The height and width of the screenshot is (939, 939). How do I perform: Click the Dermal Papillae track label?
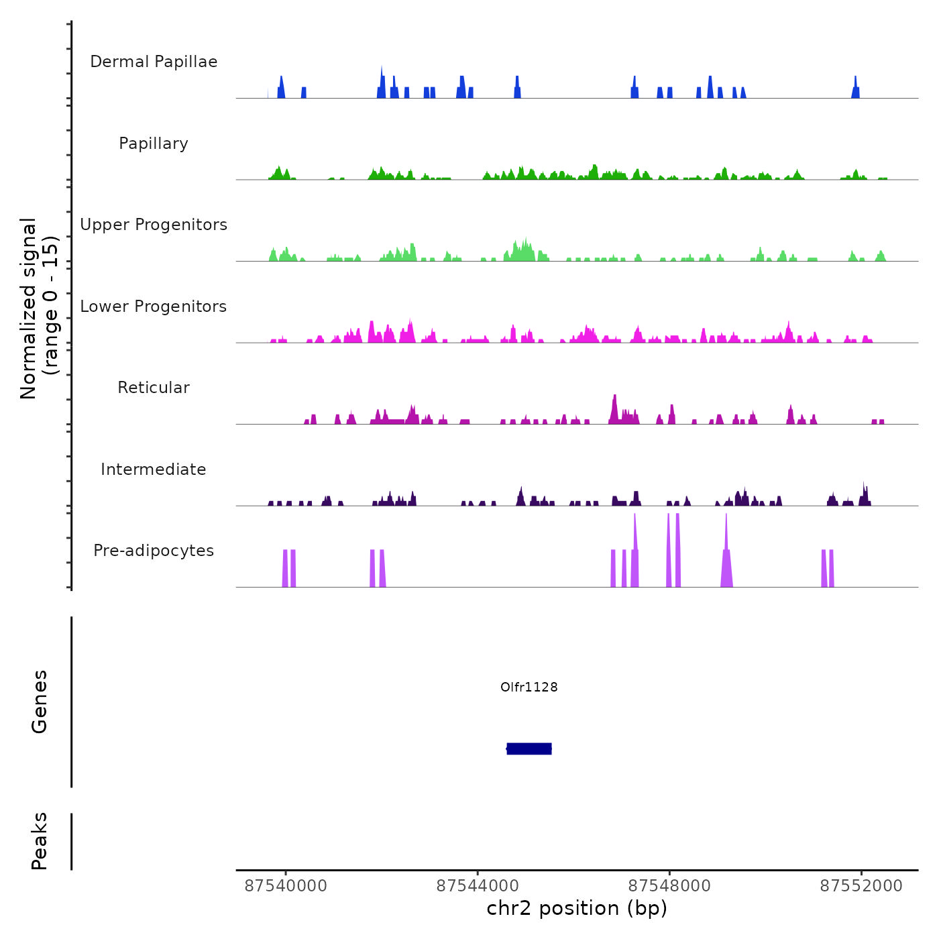(154, 62)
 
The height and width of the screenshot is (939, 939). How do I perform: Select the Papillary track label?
(154, 144)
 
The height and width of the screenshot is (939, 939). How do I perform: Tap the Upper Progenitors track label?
(154, 225)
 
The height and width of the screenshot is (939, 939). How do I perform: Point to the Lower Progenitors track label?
(154, 307)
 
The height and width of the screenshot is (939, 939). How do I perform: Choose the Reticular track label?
(154, 388)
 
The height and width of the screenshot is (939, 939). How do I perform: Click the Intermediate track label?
(154, 469)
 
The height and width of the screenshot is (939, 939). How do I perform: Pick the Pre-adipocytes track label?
(154, 551)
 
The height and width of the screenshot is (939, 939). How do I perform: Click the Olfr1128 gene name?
(529, 687)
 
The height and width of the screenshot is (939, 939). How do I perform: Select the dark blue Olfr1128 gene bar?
(529, 749)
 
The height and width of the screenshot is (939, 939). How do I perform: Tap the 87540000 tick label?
(286, 886)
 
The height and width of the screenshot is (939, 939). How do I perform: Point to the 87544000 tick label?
(478, 886)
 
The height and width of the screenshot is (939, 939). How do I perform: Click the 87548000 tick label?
(669, 886)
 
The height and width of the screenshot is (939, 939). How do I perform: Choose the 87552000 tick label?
(861, 886)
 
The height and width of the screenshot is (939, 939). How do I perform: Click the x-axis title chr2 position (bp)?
(577, 908)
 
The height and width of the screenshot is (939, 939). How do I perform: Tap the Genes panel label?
(40, 702)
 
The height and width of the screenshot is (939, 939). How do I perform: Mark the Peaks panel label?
(40, 841)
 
